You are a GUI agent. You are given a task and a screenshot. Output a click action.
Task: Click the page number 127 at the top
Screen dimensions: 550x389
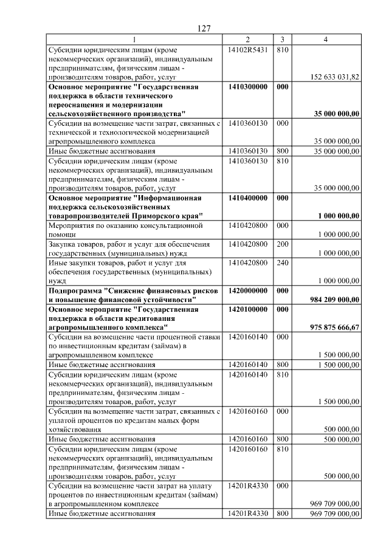click(204, 29)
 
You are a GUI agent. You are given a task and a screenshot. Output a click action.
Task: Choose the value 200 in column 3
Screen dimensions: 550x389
click(282, 244)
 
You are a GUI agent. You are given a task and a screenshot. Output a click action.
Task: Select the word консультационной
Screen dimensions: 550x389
click(168, 225)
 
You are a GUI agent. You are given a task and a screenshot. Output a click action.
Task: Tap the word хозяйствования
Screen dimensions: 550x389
click(75, 430)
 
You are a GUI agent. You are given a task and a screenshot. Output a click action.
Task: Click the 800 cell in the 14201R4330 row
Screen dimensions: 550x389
click(282, 514)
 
